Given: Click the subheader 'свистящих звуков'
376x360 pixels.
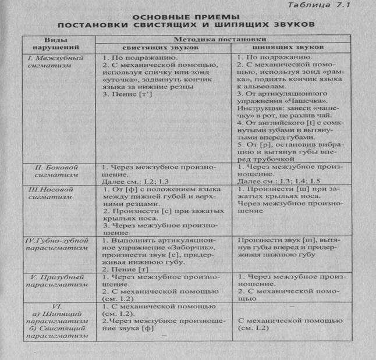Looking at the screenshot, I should tap(159, 48).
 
